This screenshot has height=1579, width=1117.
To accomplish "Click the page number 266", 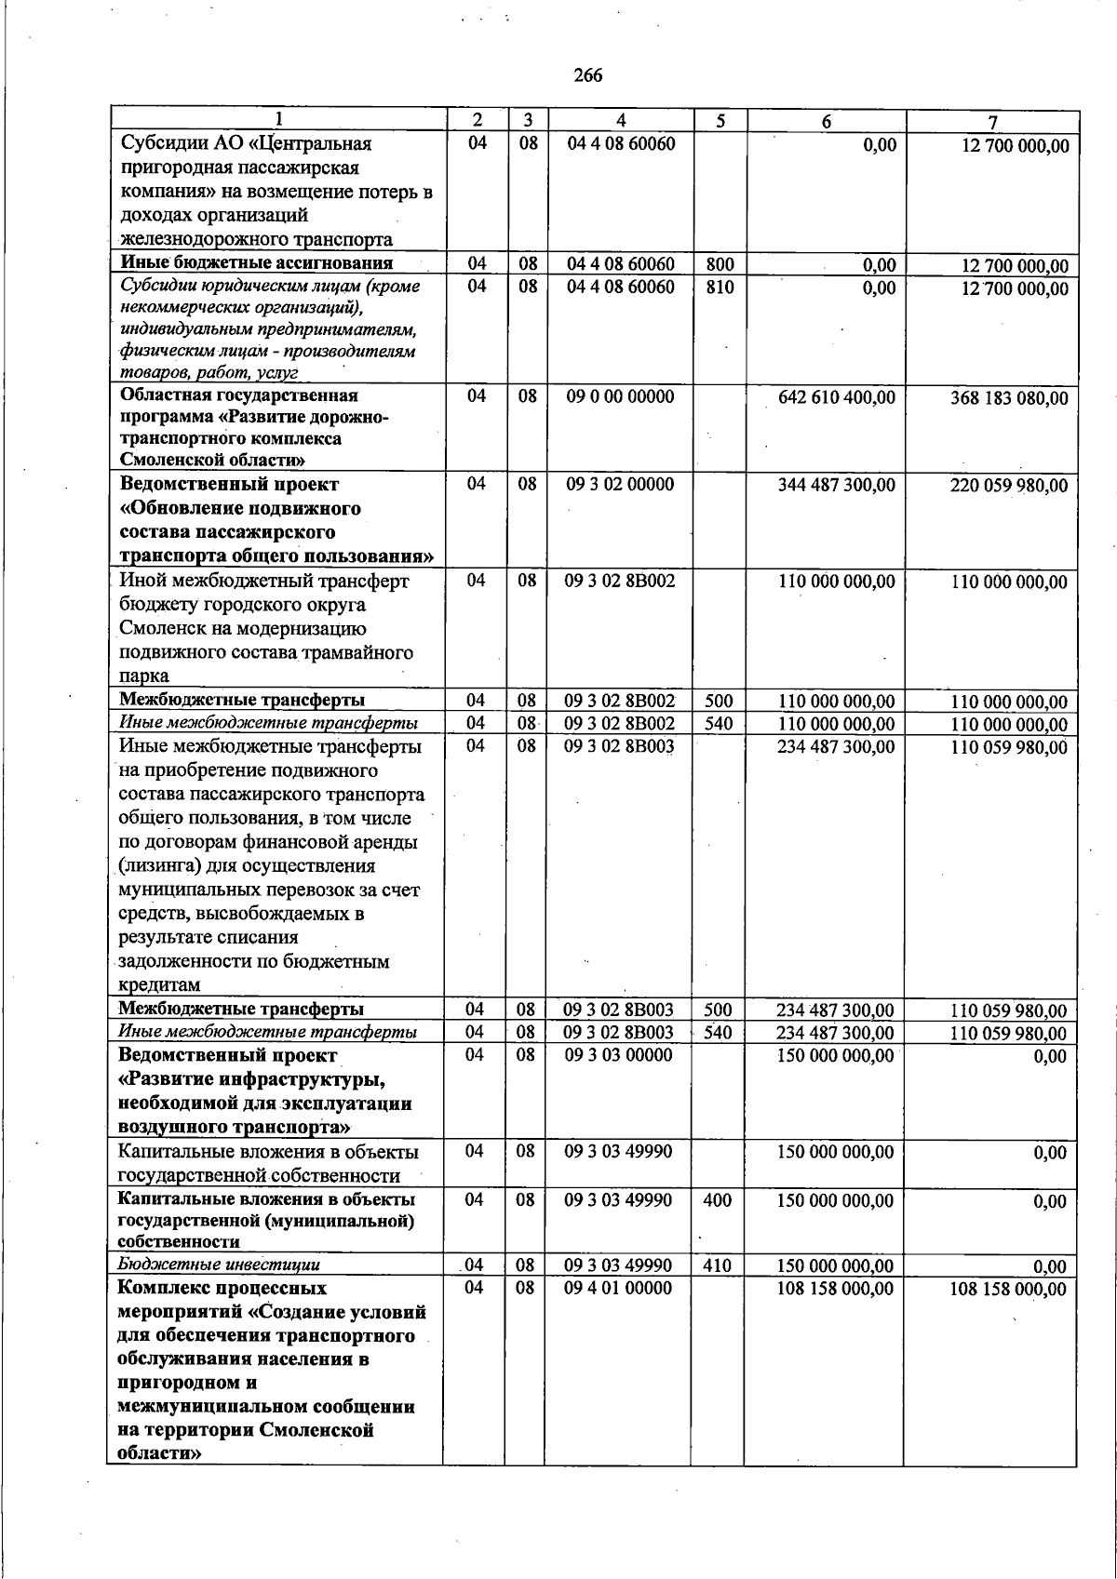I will tap(587, 75).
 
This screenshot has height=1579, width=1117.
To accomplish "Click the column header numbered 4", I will tap(620, 120).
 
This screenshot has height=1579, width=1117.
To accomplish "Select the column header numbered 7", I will tap(993, 121).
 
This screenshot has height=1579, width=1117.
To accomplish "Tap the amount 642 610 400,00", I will tap(836, 397).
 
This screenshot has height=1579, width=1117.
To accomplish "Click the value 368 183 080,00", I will tap(1009, 398).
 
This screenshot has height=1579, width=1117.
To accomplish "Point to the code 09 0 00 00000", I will tap(620, 396).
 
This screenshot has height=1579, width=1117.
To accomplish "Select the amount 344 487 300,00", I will tap(836, 485).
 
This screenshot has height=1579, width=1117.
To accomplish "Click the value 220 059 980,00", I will tap(1009, 486).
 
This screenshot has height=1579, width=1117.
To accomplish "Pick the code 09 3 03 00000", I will tap(618, 1055).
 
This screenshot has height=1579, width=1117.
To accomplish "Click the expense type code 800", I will tap(720, 264).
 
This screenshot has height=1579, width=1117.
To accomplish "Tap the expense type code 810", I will tap(720, 288).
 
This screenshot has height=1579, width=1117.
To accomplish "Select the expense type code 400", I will tap(717, 1200).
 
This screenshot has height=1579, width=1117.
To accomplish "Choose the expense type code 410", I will tap(717, 1265).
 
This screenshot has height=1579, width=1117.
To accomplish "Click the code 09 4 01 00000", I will tap(618, 1289).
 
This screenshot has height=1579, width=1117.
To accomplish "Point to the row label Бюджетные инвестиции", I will tap(219, 1265).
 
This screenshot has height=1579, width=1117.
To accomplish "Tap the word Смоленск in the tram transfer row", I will tap(159, 629).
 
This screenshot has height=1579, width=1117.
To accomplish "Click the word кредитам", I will tap(159, 985).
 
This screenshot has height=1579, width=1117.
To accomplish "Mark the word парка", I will tap(144, 676).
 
